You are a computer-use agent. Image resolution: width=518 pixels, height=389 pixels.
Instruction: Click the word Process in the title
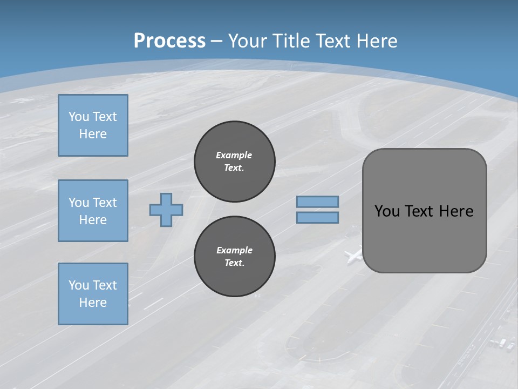click(x=169, y=41)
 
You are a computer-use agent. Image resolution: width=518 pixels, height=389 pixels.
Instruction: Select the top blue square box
click(x=93, y=125)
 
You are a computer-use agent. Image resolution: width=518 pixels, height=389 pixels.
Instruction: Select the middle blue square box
click(x=93, y=211)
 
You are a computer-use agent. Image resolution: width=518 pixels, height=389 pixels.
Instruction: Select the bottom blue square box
click(x=93, y=294)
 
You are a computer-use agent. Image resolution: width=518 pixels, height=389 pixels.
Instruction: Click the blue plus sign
click(x=166, y=210)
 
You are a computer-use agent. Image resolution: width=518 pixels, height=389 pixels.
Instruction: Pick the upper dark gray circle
click(x=235, y=161)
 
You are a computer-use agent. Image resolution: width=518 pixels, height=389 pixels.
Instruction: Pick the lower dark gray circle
click(x=235, y=256)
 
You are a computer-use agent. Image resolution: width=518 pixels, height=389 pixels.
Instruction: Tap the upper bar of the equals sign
click(x=317, y=202)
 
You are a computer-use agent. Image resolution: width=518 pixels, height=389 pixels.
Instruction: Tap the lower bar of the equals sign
click(x=317, y=217)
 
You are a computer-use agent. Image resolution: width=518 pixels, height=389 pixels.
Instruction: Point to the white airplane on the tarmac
click(x=353, y=254)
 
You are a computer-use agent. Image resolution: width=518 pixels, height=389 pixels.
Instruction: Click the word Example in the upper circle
click(x=234, y=155)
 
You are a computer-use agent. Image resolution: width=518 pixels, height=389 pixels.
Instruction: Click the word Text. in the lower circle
click(x=235, y=263)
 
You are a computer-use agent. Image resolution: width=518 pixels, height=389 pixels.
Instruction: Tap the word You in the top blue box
click(x=78, y=117)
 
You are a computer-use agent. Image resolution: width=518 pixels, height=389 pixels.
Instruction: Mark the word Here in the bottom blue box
click(x=93, y=303)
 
